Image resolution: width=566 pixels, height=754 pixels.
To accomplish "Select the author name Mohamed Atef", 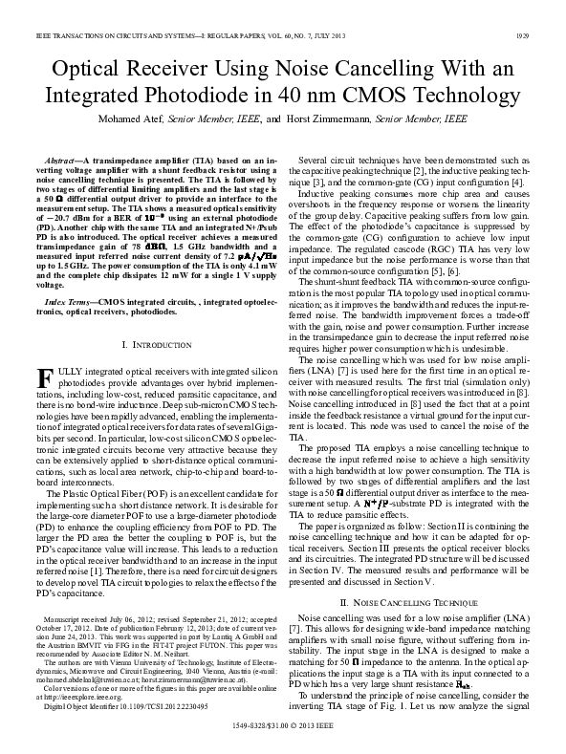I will (132, 120).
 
